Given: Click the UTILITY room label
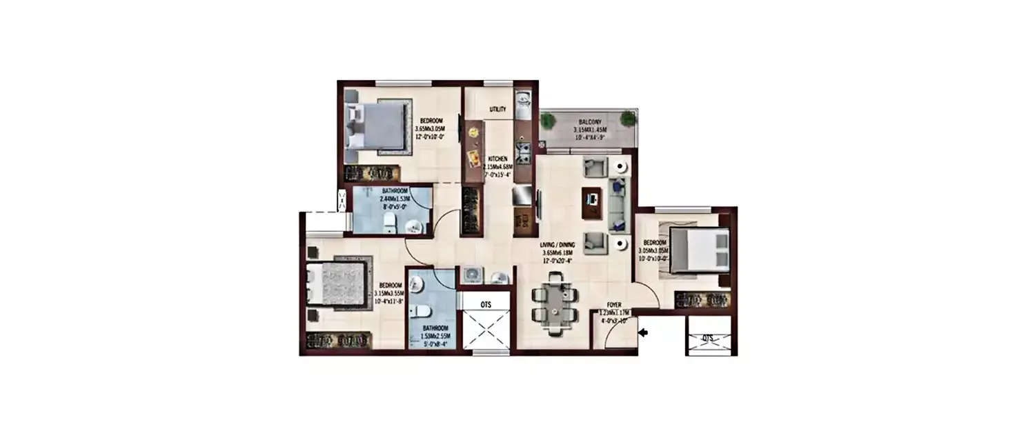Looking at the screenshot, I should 497,110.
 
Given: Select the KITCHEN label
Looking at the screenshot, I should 498,159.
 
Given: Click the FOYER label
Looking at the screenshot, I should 614,303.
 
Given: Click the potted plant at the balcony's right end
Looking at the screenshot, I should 627,119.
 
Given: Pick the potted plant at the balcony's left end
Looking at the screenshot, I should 548,120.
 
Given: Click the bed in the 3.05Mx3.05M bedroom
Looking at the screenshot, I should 699,250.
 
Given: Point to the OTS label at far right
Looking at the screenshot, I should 707,339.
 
